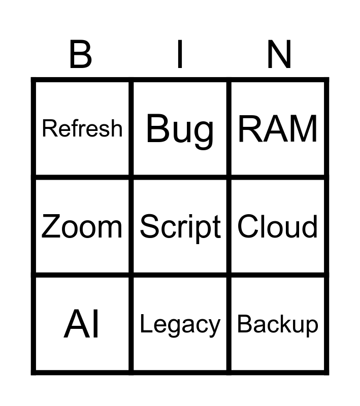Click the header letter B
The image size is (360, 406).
(80, 55)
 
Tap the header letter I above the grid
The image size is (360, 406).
(179, 55)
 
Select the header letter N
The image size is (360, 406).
(279, 55)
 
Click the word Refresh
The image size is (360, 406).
(82, 128)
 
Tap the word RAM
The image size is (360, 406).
(278, 129)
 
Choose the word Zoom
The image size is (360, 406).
(82, 226)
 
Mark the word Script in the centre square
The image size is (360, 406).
(180, 227)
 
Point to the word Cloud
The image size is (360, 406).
(278, 226)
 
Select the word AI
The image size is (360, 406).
(82, 325)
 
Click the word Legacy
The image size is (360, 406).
(180, 325)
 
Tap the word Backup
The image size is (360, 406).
(278, 325)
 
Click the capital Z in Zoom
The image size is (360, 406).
(51, 226)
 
